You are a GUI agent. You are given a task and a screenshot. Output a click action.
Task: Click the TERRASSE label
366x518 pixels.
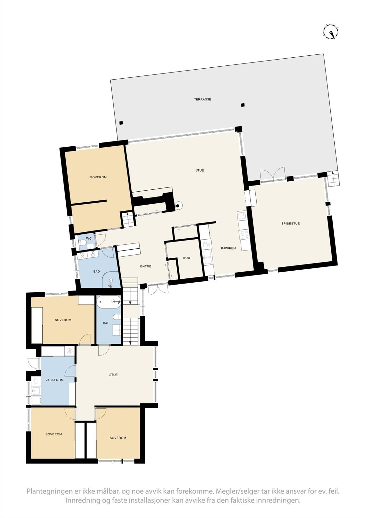click(203, 99)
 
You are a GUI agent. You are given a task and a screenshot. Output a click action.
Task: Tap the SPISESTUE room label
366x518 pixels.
click(291, 224)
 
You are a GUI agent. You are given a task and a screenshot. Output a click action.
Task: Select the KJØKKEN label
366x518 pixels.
click(228, 248)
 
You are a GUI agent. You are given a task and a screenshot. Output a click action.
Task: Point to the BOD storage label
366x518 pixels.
click(186, 258)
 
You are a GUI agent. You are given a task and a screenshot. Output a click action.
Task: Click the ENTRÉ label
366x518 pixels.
click(146, 266)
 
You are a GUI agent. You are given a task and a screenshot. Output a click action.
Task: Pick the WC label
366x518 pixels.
click(89, 239)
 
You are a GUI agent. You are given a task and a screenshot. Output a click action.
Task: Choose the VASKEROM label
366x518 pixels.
click(54, 380)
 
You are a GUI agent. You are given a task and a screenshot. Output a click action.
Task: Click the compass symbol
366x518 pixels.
click(331, 32)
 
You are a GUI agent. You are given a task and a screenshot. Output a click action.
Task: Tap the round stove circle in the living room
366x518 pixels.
click(178, 205)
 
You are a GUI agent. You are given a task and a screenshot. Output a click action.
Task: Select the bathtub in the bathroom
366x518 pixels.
click(108, 302)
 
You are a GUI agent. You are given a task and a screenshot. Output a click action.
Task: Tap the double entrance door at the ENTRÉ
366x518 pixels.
click(158, 289)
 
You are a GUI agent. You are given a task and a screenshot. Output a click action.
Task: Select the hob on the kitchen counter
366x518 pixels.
click(244, 234)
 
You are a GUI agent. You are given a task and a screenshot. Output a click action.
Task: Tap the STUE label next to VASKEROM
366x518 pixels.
click(113, 375)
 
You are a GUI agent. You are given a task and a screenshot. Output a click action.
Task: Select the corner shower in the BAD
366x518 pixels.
click(111, 281)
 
